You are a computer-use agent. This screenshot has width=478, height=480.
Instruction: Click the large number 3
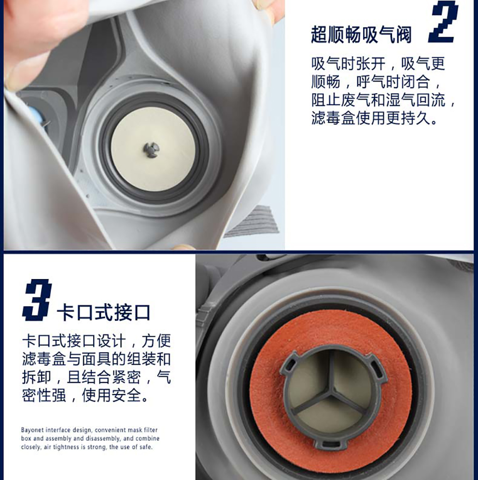click(37, 300)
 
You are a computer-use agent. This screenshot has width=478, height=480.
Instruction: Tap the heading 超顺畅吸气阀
click(361, 35)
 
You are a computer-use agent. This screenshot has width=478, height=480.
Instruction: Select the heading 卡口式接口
click(104, 312)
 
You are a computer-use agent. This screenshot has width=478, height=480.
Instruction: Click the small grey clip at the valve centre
click(151, 150)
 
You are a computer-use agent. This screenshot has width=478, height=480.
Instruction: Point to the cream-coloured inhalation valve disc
click(153, 149)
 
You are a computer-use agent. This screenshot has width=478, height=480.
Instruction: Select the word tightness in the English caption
click(67, 447)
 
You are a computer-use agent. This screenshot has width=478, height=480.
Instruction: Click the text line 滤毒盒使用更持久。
click(374, 118)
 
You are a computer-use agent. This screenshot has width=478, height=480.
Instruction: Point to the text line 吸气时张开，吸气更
click(378, 64)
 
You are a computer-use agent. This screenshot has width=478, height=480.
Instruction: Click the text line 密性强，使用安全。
click(85, 395)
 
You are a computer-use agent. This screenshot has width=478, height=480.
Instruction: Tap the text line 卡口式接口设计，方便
click(97, 341)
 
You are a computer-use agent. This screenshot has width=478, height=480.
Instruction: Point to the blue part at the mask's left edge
click(40, 116)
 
